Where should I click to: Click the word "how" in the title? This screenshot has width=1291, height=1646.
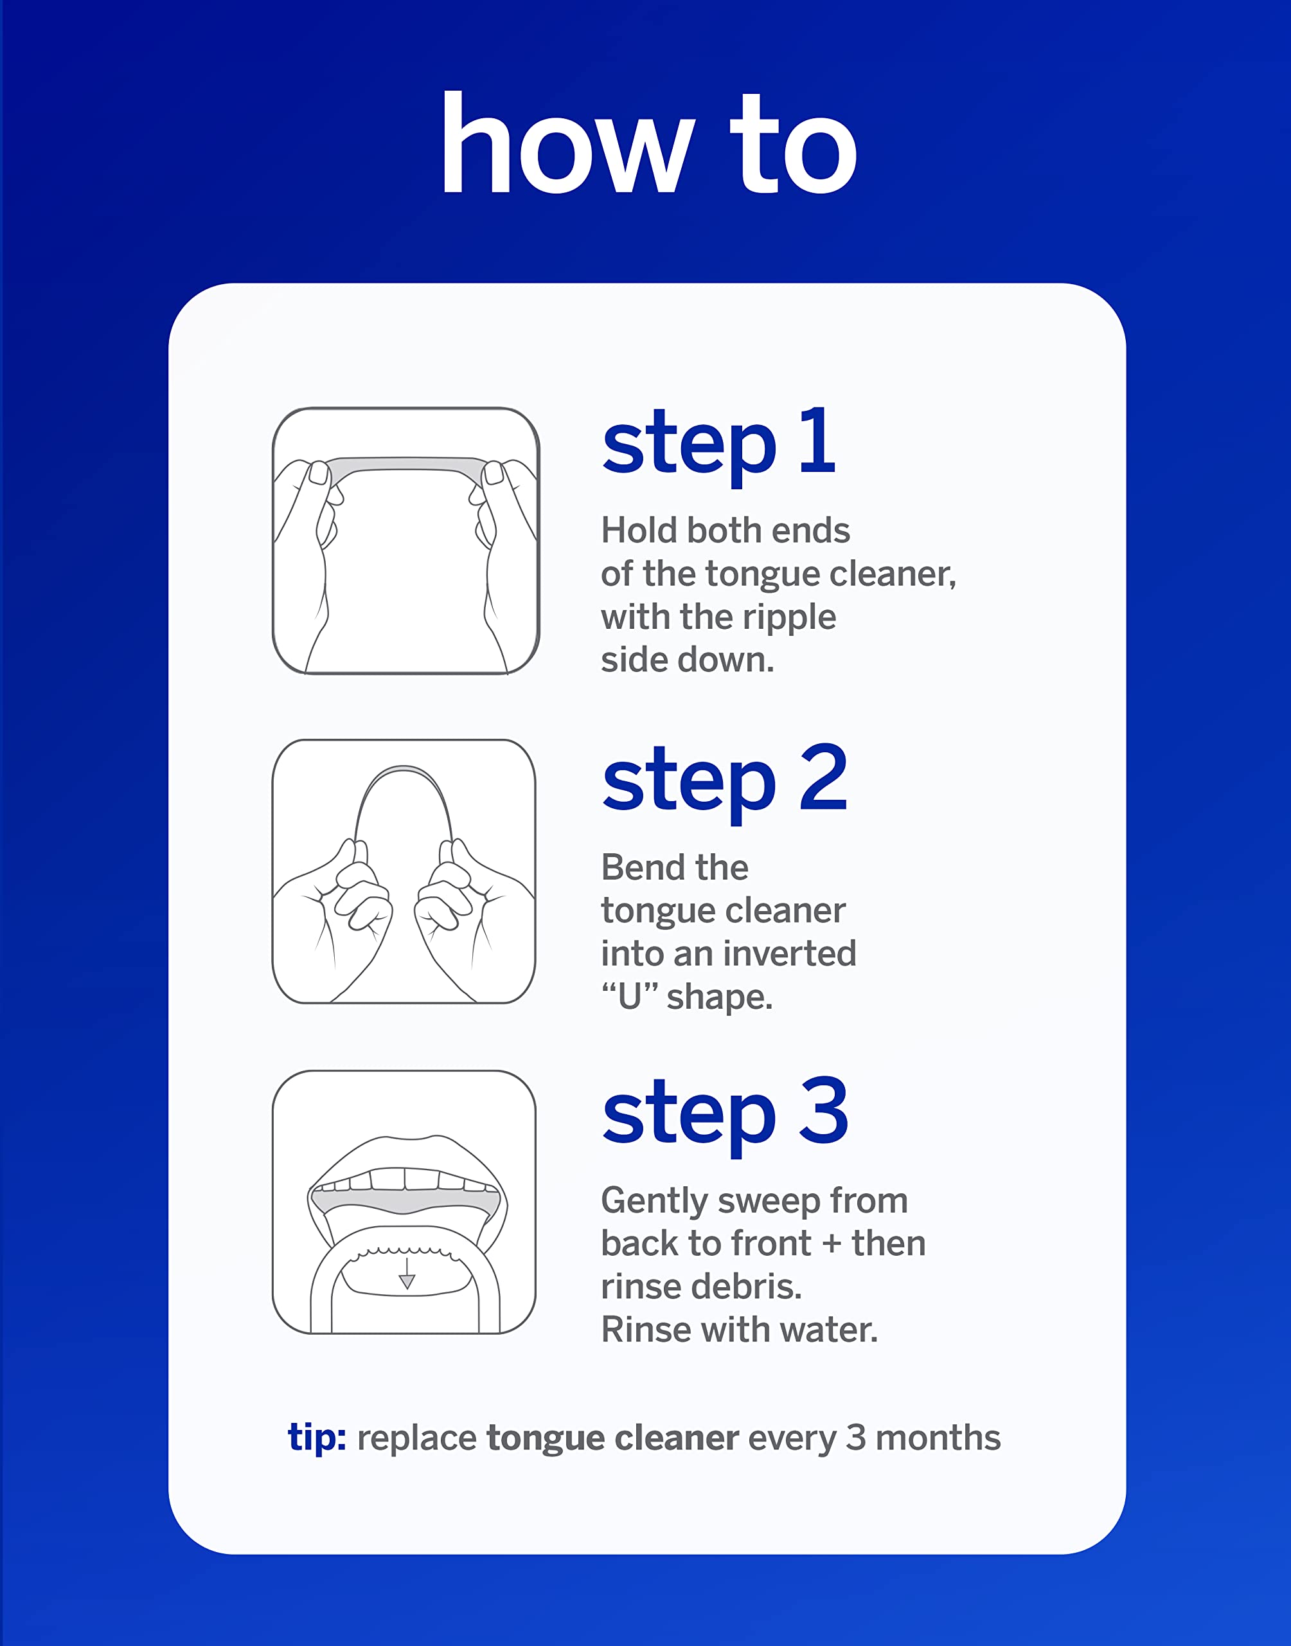[567, 143]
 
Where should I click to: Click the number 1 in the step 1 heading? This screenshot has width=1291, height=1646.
[818, 441]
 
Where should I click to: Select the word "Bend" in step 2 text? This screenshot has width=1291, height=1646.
[640, 867]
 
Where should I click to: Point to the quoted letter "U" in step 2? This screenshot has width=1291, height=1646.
[630, 997]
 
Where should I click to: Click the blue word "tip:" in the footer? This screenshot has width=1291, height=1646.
[317, 1437]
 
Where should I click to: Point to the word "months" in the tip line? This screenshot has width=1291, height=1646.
[938, 1437]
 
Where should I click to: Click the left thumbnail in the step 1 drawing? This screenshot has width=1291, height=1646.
[319, 473]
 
